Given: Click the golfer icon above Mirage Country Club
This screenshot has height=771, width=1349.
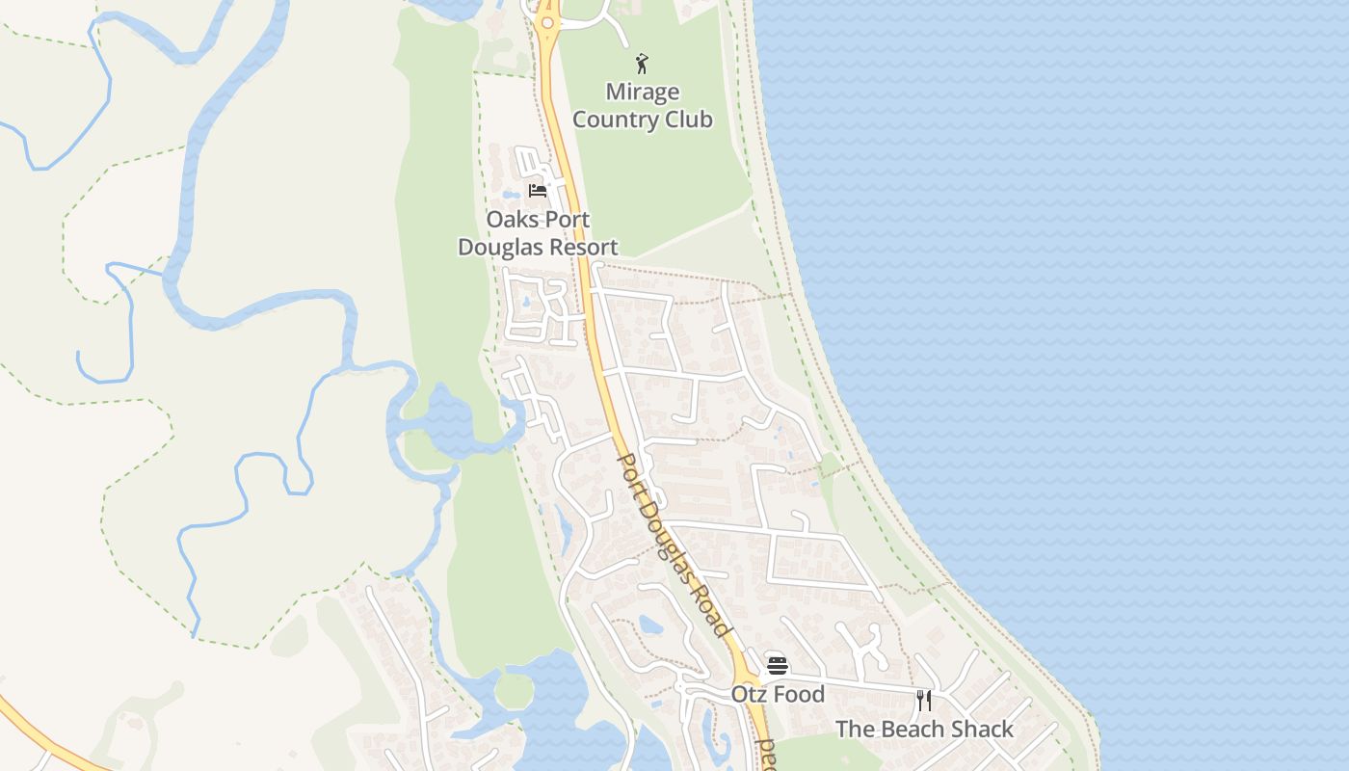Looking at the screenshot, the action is [642, 65].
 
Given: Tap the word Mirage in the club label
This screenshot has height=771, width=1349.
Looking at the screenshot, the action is [642, 93].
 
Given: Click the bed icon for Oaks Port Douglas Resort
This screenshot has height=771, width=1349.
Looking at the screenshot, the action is [538, 191].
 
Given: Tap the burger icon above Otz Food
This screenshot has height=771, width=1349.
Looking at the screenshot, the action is [778, 665].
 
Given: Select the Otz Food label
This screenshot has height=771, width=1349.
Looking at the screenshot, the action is [778, 694].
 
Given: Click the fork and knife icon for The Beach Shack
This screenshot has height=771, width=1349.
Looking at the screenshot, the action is [924, 701].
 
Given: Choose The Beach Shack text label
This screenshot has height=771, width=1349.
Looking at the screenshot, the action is [924, 729].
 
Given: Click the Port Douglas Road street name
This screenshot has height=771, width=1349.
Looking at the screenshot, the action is [672, 545].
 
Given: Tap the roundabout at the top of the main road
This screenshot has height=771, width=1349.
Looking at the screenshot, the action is [547, 22].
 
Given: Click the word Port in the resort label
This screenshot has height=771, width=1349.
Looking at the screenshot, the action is [568, 219].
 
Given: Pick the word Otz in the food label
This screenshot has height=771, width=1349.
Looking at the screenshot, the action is [748, 694].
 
